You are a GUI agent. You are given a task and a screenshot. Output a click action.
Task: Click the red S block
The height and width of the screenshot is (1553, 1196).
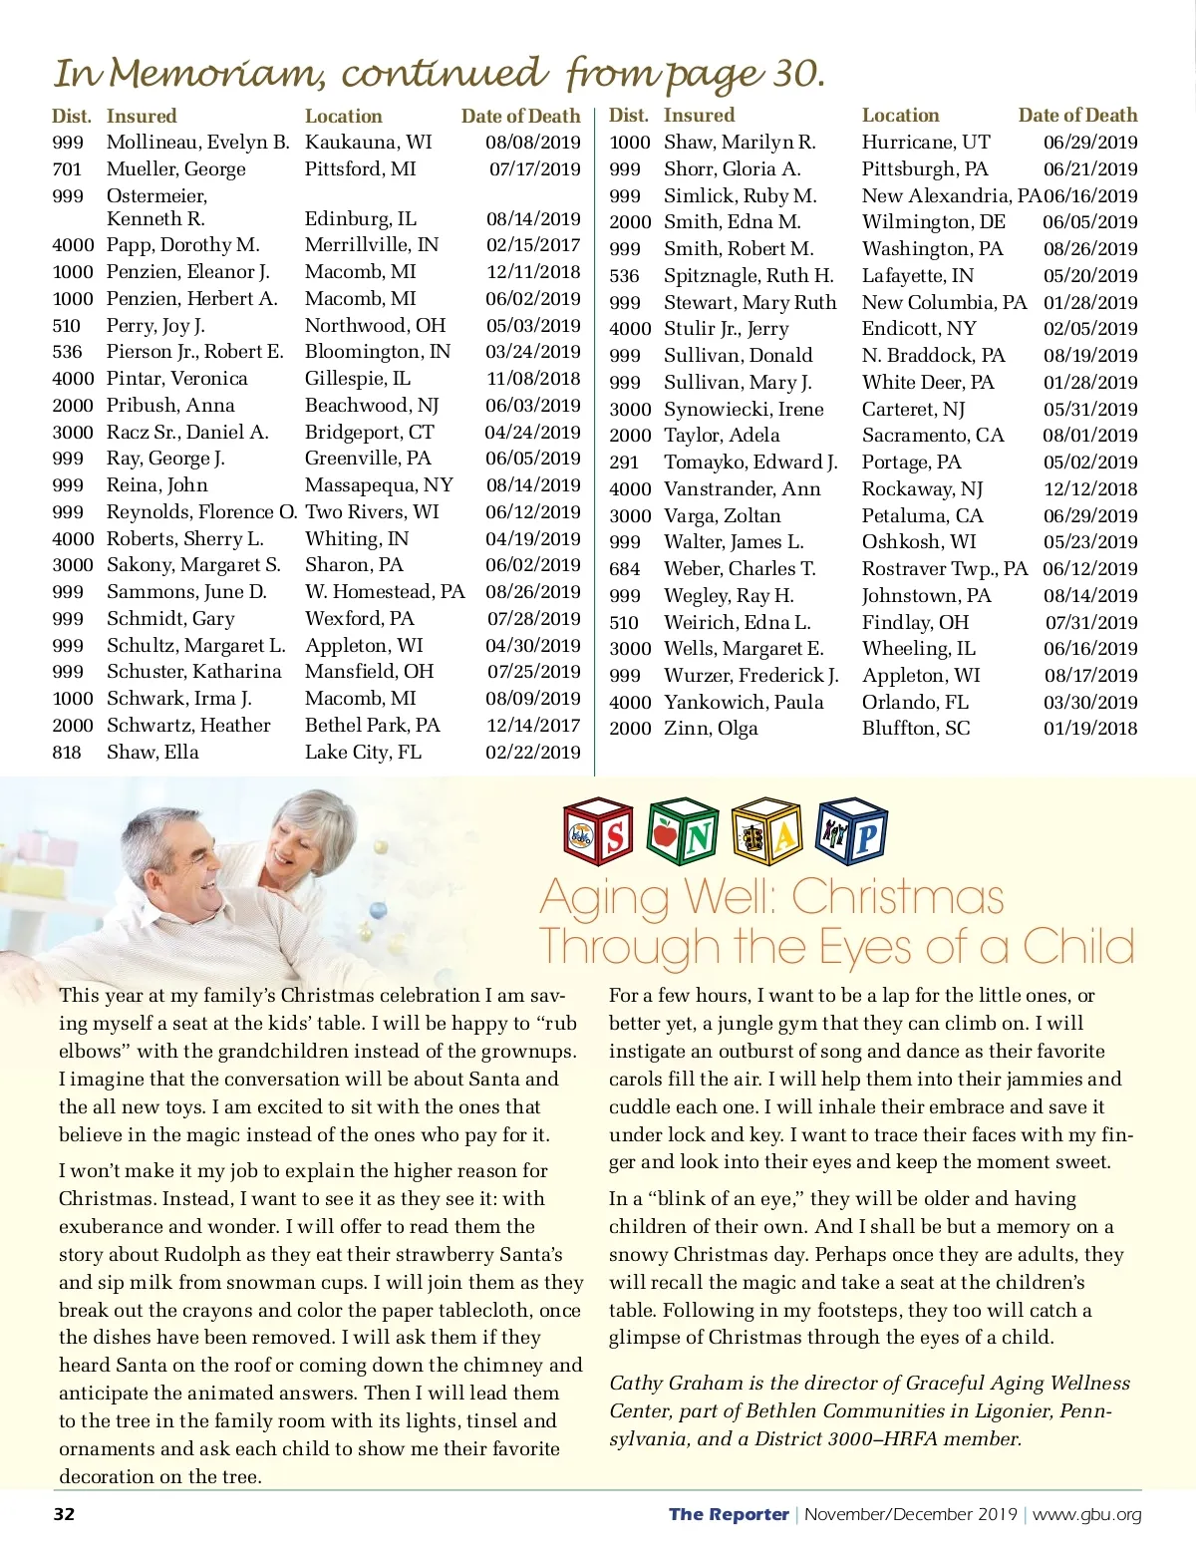tap(599, 832)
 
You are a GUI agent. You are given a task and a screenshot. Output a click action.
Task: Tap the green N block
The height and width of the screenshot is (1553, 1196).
tap(683, 832)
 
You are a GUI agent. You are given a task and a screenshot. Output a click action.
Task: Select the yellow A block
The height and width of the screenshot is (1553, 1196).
tap(766, 832)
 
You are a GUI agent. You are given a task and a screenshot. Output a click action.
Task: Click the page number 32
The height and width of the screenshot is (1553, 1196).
tap(64, 1514)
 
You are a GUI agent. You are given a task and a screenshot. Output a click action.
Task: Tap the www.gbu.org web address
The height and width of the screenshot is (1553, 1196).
tap(1086, 1514)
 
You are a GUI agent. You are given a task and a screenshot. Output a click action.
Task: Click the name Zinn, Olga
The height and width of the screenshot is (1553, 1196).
tap(711, 729)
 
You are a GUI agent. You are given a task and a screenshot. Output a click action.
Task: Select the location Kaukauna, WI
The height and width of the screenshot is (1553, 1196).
tap(369, 143)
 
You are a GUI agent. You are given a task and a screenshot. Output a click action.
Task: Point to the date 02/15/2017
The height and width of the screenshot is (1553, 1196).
tap(533, 245)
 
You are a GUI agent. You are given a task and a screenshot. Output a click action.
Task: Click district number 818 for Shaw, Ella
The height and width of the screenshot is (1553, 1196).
tap(67, 753)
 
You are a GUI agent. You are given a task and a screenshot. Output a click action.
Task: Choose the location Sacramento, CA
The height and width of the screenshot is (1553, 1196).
tap(933, 436)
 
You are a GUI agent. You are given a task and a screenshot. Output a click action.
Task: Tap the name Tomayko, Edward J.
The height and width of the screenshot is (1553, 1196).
tap(750, 463)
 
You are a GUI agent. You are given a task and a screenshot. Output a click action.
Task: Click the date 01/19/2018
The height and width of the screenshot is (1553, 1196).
tap(1090, 729)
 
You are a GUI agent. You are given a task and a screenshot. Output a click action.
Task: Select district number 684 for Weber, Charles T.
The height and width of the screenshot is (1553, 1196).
tap(625, 569)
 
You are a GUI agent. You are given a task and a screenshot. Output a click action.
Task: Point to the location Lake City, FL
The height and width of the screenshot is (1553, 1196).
tap(363, 753)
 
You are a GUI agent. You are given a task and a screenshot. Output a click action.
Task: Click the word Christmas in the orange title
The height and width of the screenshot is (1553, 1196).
tap(897, 897)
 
